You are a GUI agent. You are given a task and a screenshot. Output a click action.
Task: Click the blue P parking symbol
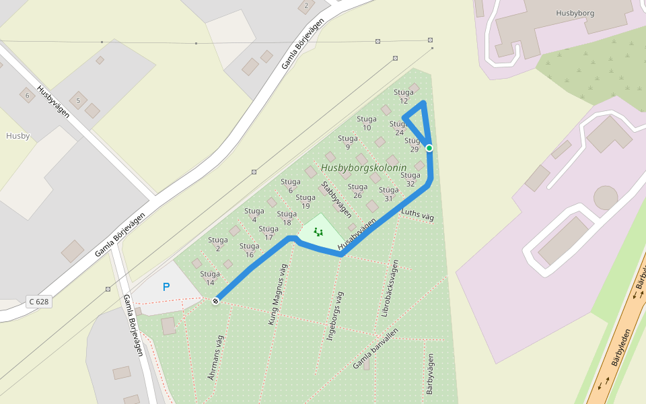pyautogui.click(x=166, y=287)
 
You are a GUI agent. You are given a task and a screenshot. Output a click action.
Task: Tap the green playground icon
pyautogui.click(x=318, y=232)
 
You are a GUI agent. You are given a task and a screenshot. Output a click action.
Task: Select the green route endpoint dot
pyautogui.click(x=429, y=148)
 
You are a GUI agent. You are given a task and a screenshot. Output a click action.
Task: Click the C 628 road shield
pyautogui.click(x=38, y=302)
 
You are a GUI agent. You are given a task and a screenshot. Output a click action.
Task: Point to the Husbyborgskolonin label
pyautogui.click(x=363, y=168)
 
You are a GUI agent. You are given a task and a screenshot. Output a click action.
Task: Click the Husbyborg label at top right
pyautogui.click(x=576, y=13)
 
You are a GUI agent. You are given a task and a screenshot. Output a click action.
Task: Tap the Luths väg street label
pyautogui.click(x=417, y=215)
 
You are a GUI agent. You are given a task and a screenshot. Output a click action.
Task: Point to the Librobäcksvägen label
pyautogui.click(x=390, y=288)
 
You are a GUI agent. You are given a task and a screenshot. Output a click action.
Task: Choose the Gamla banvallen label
pyautogui.click(x=375, y=349)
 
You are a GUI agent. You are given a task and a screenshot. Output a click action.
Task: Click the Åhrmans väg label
pyautogui.click(x=215, y=358)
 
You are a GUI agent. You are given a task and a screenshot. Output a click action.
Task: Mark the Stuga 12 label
pyautogui.click(x=404, y=96)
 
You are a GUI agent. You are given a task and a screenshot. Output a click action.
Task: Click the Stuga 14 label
pyautogui.click(x=210, y=278)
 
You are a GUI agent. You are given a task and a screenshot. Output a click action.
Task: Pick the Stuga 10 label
pyautogui.click(x=367, y=123)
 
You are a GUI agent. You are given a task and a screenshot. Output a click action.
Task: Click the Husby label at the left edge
pyautogui.click(x=17, y=135)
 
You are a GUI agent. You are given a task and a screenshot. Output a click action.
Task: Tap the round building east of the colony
pyautogui.click(x=606, y=198)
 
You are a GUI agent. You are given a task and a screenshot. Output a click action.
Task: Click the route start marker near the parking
pyautogui.click(x=215, y=301)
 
